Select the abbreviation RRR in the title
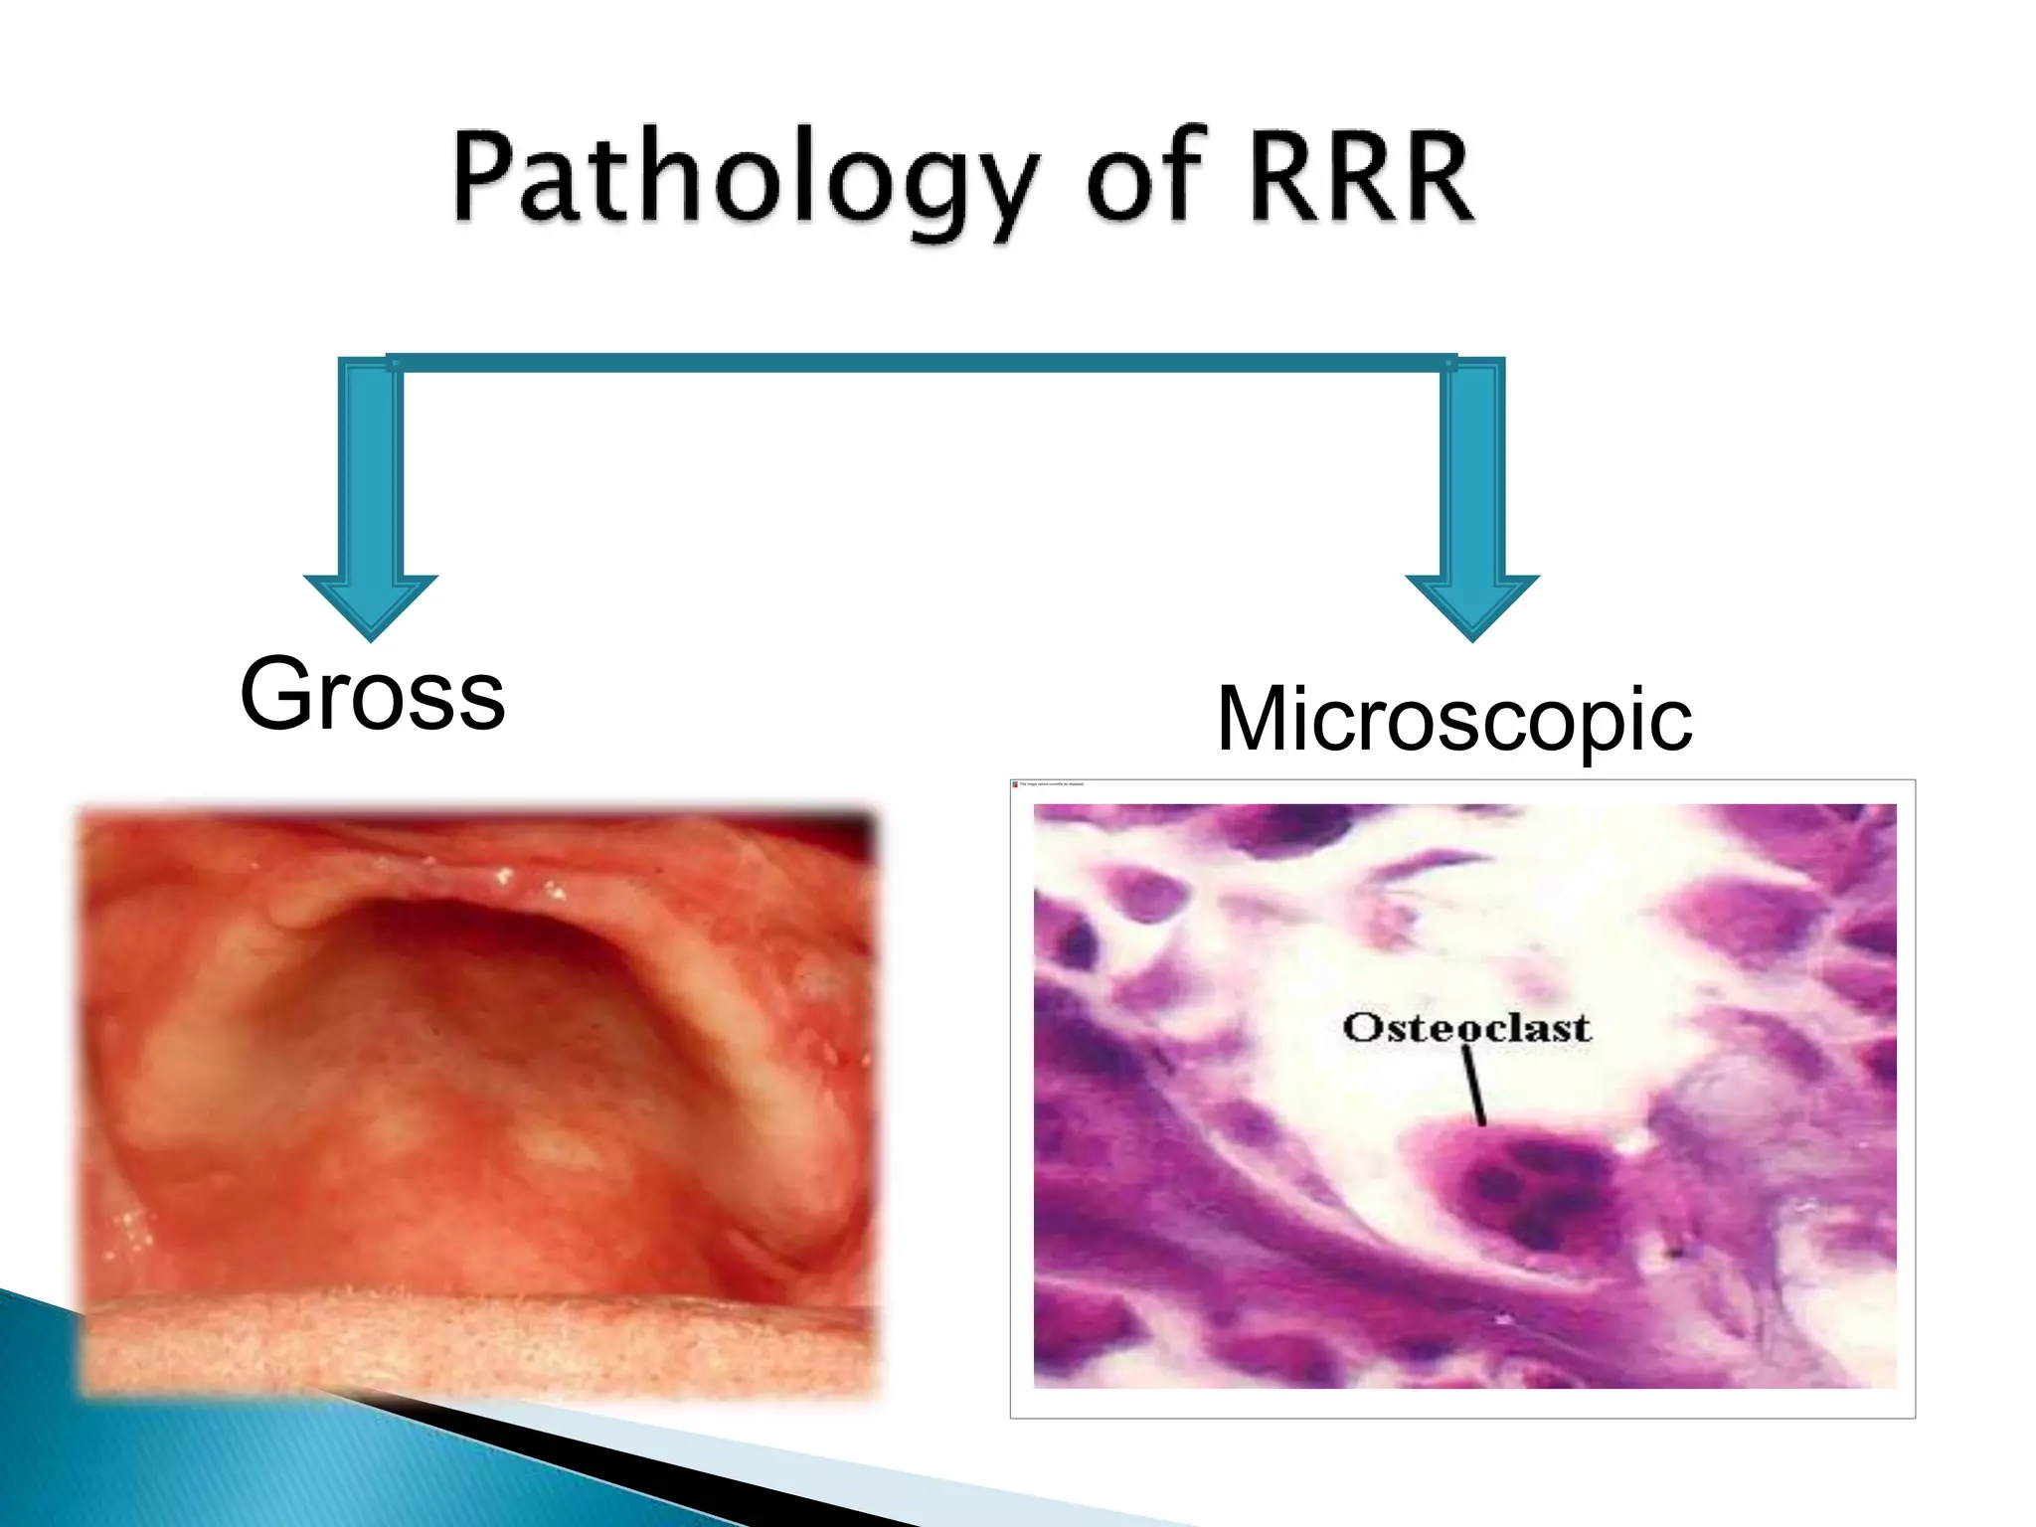1362,179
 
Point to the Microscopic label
1453,720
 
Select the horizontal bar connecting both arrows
921,363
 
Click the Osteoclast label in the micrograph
1466,1028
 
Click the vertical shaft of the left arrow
370,467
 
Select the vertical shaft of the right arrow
1472,467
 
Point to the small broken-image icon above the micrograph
1015,784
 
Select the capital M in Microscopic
1254,720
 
